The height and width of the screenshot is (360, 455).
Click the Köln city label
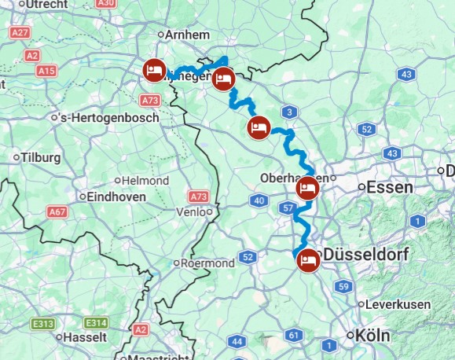[x=372, y=335]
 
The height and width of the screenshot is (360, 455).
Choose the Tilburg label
[x=41, y=156]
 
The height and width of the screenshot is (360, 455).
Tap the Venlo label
[x=192, y=211]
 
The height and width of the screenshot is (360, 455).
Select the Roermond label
[x=207, y=263]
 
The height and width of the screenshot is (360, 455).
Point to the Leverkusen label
[x=397, y=304]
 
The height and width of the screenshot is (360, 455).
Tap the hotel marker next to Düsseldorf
[x=308, y=259]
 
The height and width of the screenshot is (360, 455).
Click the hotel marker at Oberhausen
[x=307, y=189]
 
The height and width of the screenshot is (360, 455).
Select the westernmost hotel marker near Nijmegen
[x=153, y=71]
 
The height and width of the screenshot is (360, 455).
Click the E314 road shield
[x=96, y=322]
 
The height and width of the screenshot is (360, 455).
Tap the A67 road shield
[x=57, y=211]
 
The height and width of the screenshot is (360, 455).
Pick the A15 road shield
[x=48, y=71]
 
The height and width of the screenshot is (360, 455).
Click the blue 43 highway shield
[x=406, y=74]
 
